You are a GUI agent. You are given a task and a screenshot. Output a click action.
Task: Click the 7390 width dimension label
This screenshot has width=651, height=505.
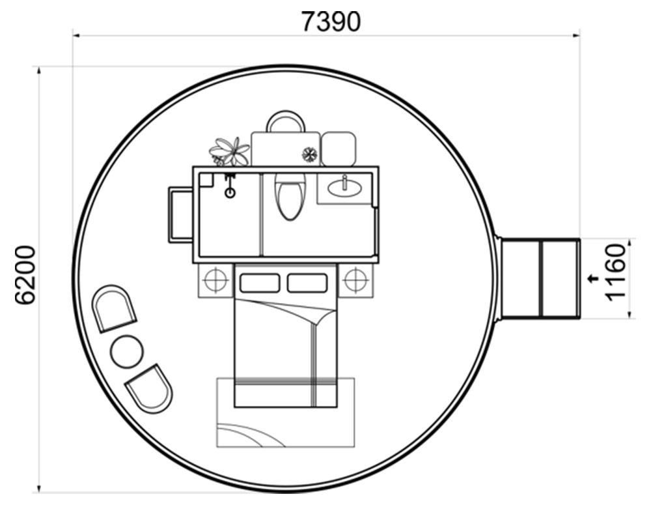[331, 22]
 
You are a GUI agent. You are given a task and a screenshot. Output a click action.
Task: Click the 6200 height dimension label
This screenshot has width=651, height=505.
[25, 275]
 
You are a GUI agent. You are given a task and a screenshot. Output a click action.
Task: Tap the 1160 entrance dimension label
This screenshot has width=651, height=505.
[616, 272]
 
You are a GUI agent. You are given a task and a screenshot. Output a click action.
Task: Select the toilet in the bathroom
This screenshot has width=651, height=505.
[290, 196]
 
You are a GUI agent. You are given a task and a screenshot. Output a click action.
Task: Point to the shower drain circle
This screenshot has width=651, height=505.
[230, 193]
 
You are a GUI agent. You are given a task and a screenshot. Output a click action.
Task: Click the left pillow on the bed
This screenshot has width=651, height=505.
[260, 283]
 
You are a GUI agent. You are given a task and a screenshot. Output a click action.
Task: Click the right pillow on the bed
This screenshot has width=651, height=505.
[307, 283]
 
